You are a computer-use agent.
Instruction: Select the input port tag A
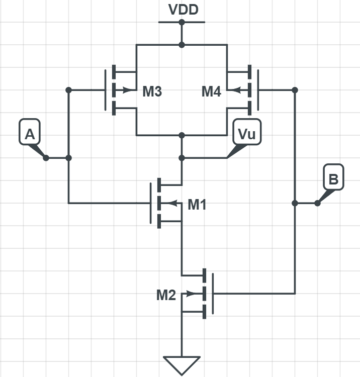tap(30, 134)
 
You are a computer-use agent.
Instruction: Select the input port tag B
tap(333, 178)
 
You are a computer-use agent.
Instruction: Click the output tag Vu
tap(247, 134)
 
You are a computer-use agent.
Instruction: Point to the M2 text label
tap(166, 295)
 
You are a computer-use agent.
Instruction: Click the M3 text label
tap(152, 91)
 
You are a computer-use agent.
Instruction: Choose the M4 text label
tap(211, 91)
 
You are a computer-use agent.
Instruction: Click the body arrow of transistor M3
tap(132, 90)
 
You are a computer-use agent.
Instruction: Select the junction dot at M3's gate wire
tap(69, 90)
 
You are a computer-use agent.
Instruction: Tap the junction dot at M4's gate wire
tap(295, 90)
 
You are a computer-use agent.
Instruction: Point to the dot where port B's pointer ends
tap(317, 203)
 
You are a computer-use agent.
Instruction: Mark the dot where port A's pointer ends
tap(46, 158)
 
